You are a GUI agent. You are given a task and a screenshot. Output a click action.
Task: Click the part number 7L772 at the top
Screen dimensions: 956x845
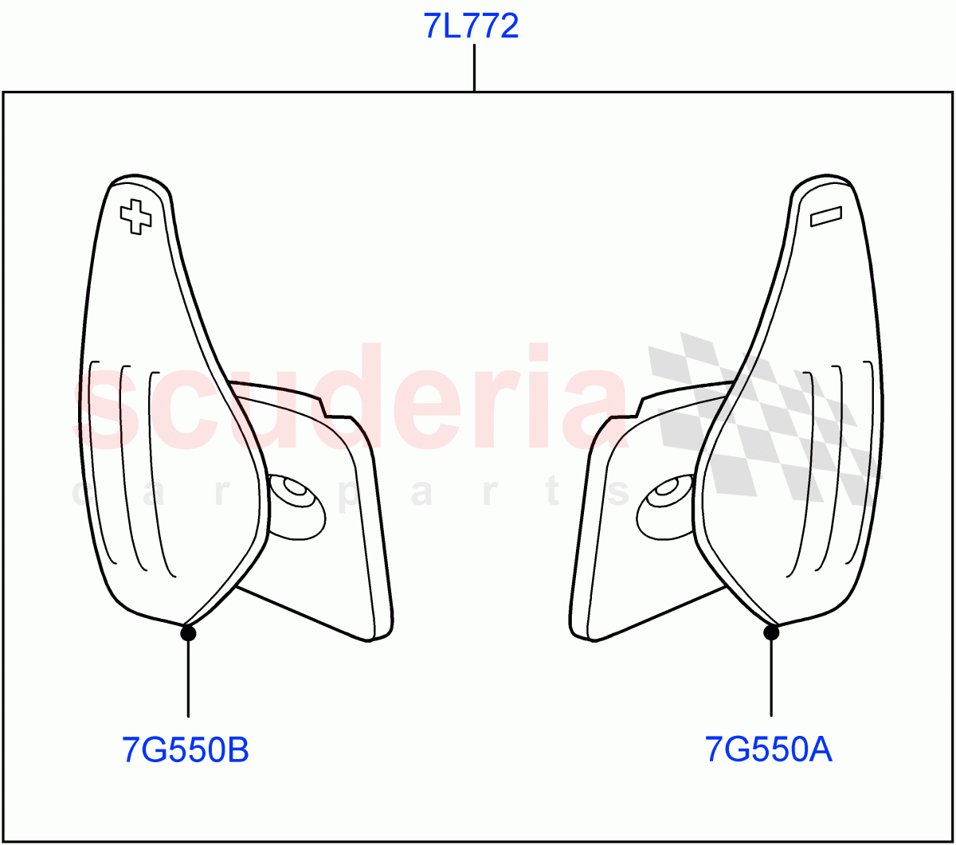[472, 26]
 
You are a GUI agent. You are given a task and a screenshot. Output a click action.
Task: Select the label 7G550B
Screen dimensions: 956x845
[186, 749]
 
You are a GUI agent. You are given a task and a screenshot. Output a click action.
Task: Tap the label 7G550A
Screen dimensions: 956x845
[768, 749]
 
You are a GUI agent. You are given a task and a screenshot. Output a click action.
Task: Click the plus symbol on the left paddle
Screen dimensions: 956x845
[136, 217]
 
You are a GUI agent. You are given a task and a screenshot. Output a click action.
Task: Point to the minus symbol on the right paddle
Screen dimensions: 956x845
[826, 217]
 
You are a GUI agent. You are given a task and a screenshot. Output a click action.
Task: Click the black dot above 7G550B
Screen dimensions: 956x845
[188, 632]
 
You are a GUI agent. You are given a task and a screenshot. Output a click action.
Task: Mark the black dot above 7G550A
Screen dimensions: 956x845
[771, 632]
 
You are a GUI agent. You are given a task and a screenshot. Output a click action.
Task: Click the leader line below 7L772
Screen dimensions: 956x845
[474, 68]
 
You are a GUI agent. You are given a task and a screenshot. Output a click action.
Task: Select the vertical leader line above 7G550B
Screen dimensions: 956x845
[188, 679]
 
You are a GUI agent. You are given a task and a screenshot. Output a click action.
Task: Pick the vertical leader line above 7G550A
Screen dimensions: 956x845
[771, 679]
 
